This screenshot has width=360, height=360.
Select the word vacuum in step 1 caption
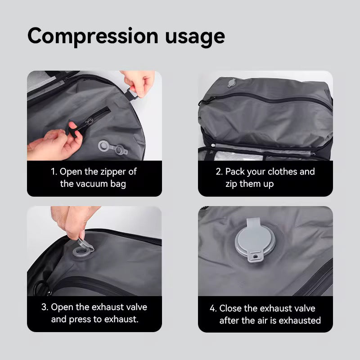coord(92,184)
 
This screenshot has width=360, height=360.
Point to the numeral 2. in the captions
coord(219,171)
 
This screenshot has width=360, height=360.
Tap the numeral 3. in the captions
coord(45,307)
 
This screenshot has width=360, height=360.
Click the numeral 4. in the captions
coord(213,308)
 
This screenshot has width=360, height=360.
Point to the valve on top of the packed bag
coord(232,83)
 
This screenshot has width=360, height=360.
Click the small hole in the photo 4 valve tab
coord(257,257)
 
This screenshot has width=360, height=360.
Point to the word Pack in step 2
coord(235,171)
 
